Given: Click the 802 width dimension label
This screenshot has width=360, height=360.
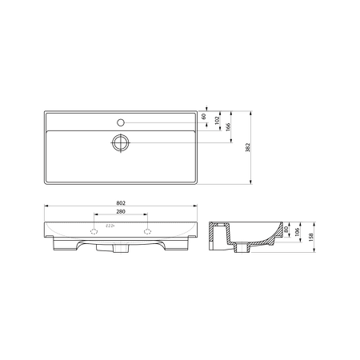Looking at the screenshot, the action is coord(121,203).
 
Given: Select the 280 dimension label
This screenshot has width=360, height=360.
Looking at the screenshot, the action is coord(121,211).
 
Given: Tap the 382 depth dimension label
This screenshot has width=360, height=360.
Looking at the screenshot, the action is coord(248,147).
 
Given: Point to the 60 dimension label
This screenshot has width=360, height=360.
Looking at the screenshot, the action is coord(203,116).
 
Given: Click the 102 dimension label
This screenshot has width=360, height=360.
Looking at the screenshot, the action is coord(217,120).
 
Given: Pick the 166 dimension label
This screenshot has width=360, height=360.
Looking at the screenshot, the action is coord(228,127).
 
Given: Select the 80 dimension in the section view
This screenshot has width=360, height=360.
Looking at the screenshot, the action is coord(286,229).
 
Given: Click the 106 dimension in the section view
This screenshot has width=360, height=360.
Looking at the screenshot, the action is coord(298,232).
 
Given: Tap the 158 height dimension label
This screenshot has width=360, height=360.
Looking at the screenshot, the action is coord(311,237).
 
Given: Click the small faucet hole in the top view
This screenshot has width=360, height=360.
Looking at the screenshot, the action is coord(121,122).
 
